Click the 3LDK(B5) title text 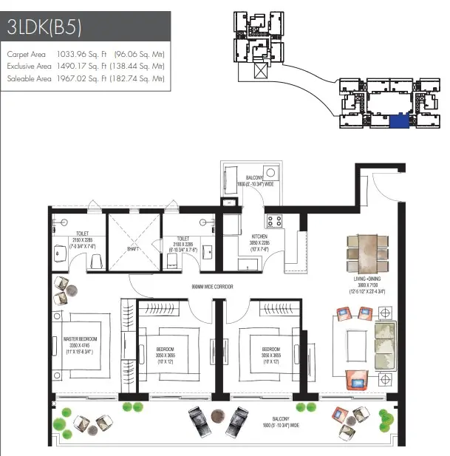click(44, 28)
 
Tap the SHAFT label click(134, 249)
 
